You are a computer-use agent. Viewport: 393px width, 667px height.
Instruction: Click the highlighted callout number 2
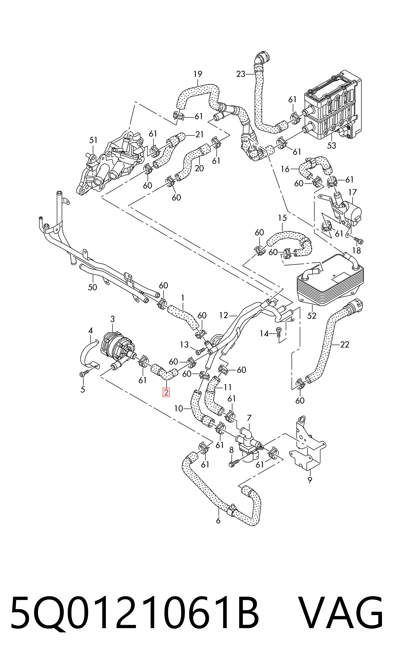coord(166,392)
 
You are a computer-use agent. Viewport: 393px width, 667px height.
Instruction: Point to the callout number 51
coord(93,140)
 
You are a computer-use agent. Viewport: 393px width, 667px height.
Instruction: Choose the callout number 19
coord(198,74)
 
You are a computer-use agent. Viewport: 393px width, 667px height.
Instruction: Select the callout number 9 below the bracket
coord(310,480)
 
